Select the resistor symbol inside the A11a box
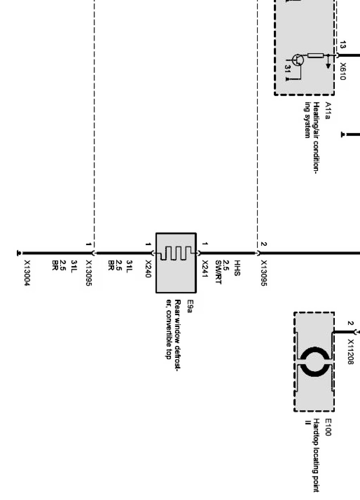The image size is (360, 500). [316, 55]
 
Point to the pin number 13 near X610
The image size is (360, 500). [343, 44]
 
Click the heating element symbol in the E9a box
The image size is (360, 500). [176, 253]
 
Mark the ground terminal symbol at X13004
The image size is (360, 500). [18, 253]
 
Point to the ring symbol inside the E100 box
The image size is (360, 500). [314, 362]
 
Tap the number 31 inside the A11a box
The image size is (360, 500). [288, 68]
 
